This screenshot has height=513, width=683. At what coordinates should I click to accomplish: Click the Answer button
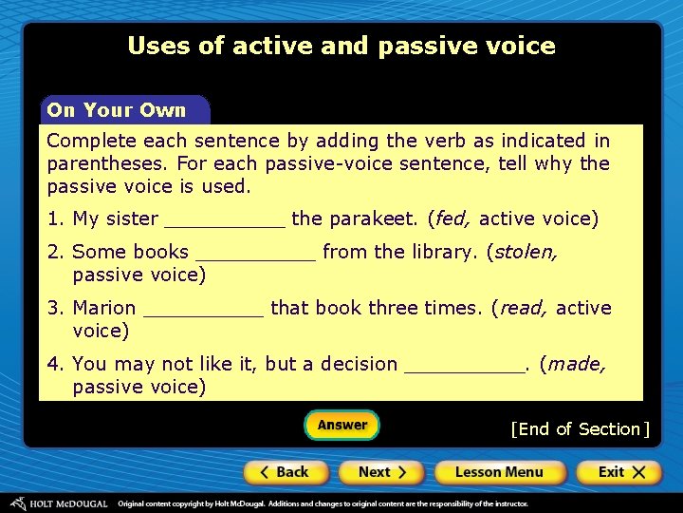pyautogui.click(x=341, y=425)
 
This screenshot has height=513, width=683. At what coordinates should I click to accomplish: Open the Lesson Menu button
pyautogui.click(x=499, y=472)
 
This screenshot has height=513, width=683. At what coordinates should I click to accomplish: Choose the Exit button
pyautogui.click(x=618, y=472)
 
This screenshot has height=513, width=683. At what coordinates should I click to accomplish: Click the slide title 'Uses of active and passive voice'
pyautogui.click(x=341, y=46)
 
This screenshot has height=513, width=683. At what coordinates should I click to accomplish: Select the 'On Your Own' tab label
pyautogui.click(x=117, y=110)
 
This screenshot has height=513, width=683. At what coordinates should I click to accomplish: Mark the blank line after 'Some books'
pyautogui.click(x=254, y=256)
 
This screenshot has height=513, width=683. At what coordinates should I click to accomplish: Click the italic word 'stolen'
pyautogui.click(x=526, y=253)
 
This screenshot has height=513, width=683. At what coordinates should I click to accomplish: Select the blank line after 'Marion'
pyautogui.click(x=203, y=312)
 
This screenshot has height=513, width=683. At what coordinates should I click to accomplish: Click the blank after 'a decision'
pyautogui.click(x=464, y=368)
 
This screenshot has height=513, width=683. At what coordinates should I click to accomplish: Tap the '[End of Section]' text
pyautogui.click(x=580, y=429)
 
